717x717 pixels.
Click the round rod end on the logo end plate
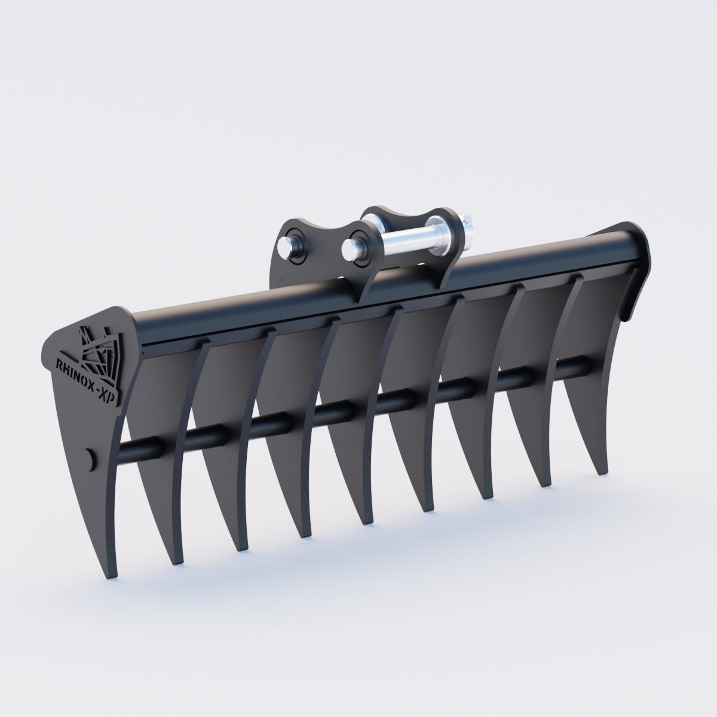point(90,459)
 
